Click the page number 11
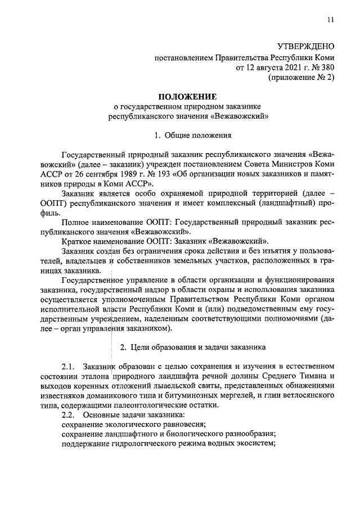click(330, 20)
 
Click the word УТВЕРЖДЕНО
click(306, 47)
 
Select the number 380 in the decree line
click(327, 67)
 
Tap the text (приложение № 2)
click(301, 78)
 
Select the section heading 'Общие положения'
click(191, 136)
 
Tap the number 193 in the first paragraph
click(159, 173)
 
